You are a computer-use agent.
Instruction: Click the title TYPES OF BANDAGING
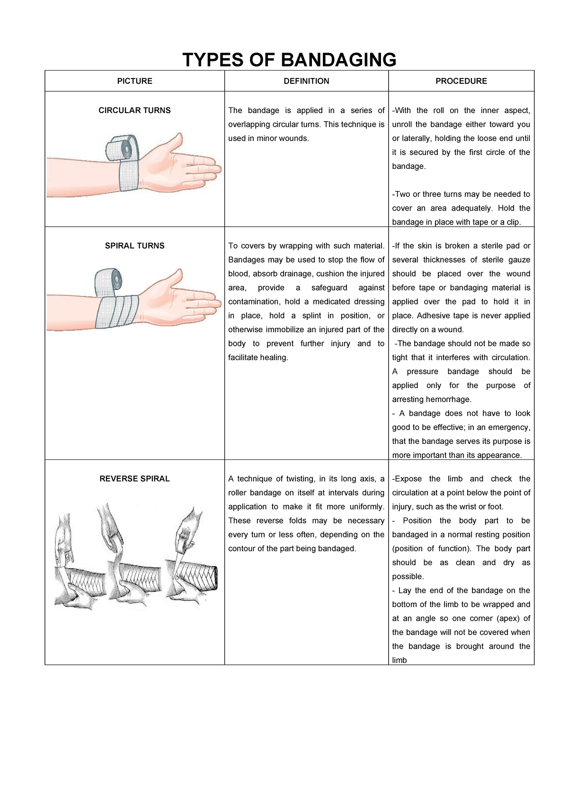[289, 60]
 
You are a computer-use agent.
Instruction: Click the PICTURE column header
[134, 81]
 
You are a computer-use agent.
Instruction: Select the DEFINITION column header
[306, 81]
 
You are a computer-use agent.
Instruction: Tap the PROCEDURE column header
[461, 81]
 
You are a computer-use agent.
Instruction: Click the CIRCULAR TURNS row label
[134, 110]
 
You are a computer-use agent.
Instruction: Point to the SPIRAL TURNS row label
[134, 246]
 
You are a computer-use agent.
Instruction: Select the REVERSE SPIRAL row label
[134, 478]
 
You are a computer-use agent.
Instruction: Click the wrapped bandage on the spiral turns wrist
[117, 311]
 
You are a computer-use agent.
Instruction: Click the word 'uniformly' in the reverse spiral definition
[366, 506]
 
